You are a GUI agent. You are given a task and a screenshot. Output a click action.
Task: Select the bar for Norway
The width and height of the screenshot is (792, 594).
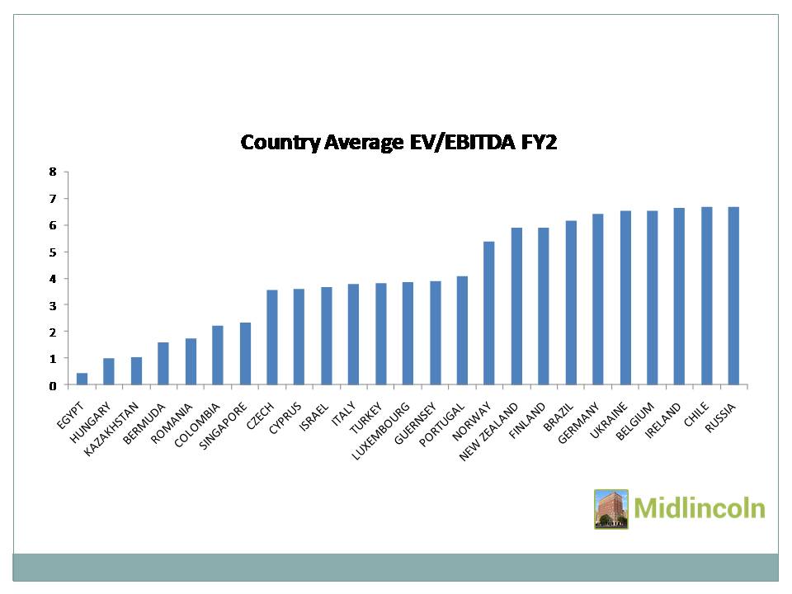(489, 313)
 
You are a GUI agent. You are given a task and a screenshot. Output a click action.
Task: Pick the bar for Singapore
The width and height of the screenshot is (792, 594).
(245, 354)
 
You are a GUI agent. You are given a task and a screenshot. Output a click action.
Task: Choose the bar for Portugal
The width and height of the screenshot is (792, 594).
(462, 331)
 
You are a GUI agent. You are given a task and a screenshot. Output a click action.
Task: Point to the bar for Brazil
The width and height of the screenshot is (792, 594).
(571, 303)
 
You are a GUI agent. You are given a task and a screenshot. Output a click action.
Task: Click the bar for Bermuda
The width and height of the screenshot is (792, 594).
(163, 364)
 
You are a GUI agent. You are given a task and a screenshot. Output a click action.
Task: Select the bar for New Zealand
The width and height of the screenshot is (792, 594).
(516, 307)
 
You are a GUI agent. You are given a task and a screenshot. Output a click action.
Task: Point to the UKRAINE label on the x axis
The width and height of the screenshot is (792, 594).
(609, 417)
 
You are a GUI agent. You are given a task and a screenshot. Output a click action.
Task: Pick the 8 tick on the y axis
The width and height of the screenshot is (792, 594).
(53, 172)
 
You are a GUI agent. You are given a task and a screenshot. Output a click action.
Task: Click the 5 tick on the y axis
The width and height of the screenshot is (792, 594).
(53, 252)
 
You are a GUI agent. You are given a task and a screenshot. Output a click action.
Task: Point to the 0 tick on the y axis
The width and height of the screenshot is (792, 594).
(53, 385)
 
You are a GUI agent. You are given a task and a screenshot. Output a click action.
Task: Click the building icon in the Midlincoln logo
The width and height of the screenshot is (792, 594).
(611, 509)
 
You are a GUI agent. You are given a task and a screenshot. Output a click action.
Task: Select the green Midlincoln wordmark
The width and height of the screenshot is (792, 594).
(700, 507)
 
